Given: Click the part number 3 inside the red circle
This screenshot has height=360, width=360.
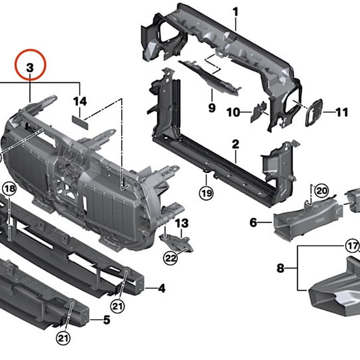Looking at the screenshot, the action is (30, 68).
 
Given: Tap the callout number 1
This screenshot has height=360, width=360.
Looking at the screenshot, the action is (235, 12).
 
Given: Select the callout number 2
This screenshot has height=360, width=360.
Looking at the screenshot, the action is (235, 144).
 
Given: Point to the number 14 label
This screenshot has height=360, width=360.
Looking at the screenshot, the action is (80, 102).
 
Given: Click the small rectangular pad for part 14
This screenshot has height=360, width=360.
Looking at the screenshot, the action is (80, 122).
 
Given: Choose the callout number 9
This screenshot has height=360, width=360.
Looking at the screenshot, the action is (211, 108).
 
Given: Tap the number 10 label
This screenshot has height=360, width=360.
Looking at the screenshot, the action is (233, 112).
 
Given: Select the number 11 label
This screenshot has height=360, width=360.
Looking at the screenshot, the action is (342, 112).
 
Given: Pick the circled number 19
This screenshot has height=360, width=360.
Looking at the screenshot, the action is (206, 193).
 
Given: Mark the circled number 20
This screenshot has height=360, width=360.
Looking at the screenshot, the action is (321, 191).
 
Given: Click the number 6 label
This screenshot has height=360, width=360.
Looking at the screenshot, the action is (253, 222).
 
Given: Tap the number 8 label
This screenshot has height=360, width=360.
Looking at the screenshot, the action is (280, 268).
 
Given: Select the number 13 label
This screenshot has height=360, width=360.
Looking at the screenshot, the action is (182, 223).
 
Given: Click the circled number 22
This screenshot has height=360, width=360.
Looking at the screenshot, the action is (171, 258).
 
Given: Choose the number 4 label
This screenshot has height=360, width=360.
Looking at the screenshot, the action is (162, 288).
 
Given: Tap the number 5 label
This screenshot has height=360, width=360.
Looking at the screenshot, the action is (107, 320).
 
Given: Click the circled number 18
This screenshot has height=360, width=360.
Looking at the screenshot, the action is (9, 189).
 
